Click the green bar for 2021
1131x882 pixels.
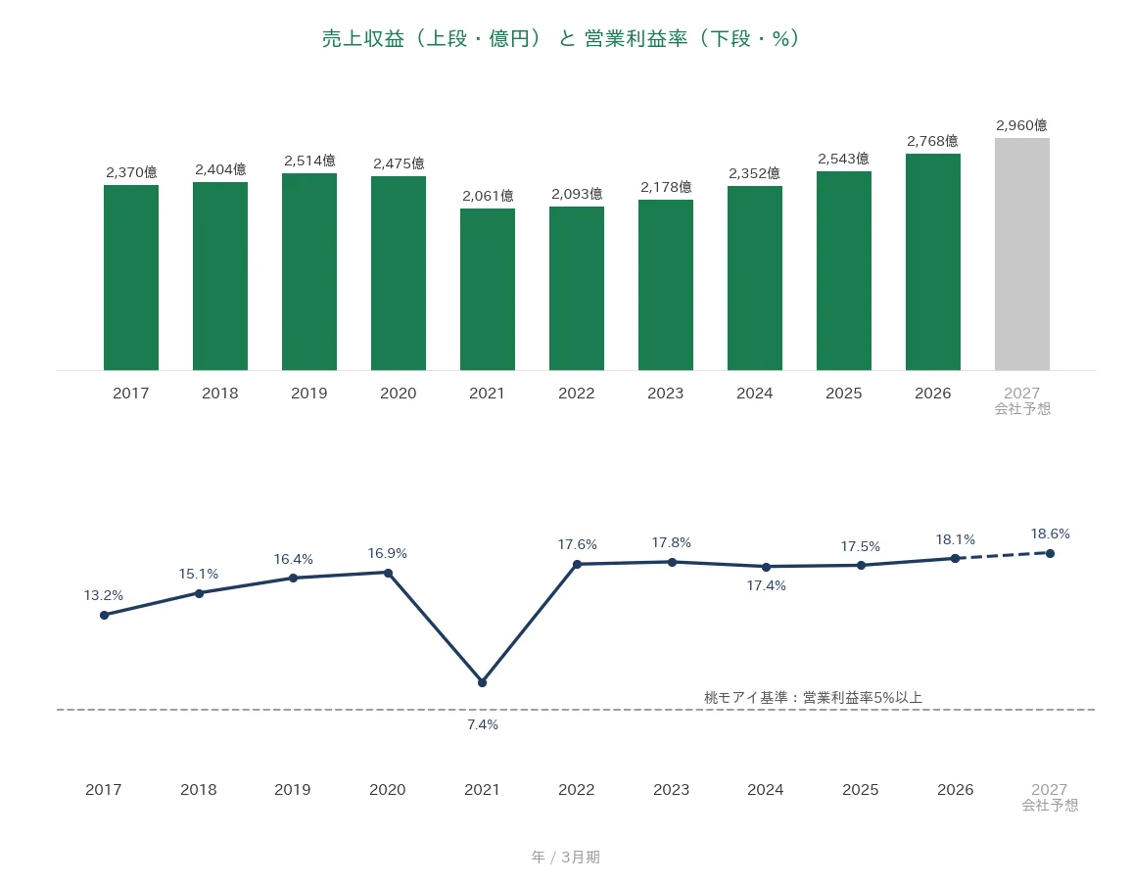pos(488,289)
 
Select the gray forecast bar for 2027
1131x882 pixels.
pos(1022,254)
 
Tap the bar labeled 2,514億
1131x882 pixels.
pos(309,272)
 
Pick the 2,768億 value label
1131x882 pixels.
pos(932,141)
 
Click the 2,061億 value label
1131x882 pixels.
pos(488,196)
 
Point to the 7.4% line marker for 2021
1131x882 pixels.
pos(483,682)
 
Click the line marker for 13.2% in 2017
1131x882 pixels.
pos(105,615)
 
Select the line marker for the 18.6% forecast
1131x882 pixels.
pos(1050,554)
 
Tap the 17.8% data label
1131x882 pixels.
pos(672,542)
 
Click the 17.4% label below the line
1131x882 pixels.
pos(766,585)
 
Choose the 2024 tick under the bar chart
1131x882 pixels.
pos(754,394)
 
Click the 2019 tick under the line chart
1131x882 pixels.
pos(293,790)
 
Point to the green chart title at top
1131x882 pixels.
pos(560,38)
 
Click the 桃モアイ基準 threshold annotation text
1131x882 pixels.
pos(813,697)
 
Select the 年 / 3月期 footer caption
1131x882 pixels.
pos(566,857)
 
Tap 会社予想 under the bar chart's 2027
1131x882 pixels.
pos(1023,409)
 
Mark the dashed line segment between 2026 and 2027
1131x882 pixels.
pos(1003,556)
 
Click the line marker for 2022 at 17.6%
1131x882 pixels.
pos(577,565)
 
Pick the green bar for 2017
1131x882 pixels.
pos(131,278)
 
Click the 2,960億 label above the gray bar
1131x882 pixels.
pos(1021,125)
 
